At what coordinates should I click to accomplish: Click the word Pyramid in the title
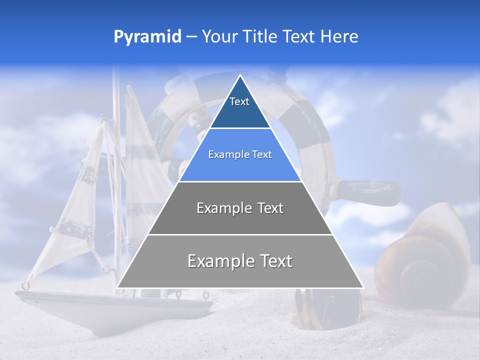147,37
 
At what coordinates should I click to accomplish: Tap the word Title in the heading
260,36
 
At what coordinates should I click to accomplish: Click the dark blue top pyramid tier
240,112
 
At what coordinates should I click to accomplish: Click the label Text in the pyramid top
239,101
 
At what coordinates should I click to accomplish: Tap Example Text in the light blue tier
240,155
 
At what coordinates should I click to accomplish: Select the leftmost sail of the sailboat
75,210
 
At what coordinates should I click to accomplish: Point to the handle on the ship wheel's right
370,192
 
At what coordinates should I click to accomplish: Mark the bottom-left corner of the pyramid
118,287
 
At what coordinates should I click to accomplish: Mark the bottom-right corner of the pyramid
362,287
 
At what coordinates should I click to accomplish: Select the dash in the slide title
191,37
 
